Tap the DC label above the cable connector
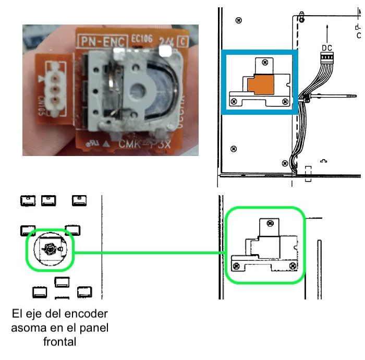pos(326,47)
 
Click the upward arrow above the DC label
pos(327,29)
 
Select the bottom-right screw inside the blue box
pos(285,101)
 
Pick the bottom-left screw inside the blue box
pos(235,101)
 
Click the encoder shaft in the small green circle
pos(50,250)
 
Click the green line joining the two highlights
pos(151,254)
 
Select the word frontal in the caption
pos(59,342)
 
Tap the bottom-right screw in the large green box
pos(293,267)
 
